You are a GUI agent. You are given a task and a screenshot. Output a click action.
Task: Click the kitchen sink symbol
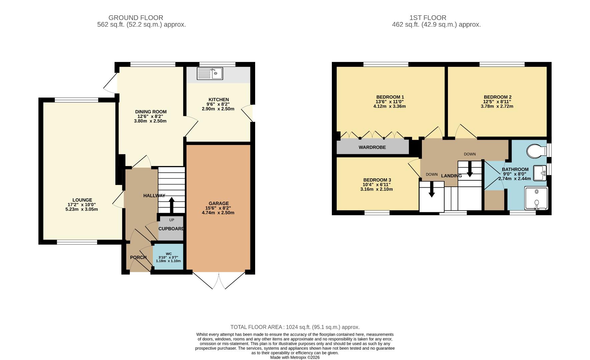210,74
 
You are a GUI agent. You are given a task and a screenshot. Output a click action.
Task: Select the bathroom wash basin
540,173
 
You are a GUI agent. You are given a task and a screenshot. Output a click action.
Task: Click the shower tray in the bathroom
536,198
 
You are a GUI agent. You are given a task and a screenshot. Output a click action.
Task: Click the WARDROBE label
372,147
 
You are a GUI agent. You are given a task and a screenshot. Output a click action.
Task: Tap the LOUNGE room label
82,200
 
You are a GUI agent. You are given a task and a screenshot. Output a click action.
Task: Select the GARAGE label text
218,203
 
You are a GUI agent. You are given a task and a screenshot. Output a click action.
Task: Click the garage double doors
219,281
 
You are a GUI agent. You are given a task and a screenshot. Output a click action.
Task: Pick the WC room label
169,254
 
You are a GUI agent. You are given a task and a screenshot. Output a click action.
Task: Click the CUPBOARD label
171,229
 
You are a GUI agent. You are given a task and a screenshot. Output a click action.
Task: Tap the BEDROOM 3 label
377,180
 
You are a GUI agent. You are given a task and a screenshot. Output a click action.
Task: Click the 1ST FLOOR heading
428,18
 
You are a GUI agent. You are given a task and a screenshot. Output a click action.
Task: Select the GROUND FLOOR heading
136,18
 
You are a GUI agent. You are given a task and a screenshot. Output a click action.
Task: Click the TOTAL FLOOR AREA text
295,327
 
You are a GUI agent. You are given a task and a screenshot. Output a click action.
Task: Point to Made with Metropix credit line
295,357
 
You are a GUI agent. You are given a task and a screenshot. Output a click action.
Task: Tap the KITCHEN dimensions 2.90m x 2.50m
218,109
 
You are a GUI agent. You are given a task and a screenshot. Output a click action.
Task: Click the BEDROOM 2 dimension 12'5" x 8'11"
497,102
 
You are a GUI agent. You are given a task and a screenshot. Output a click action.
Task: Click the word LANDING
451,176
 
